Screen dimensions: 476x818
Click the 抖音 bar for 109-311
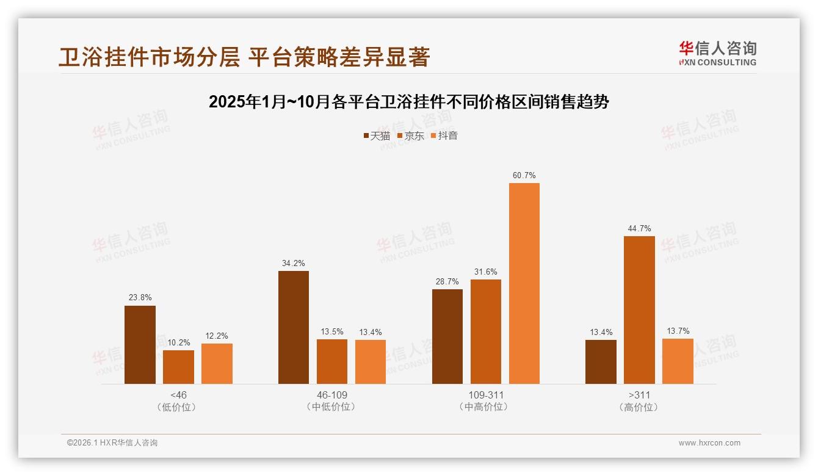524,283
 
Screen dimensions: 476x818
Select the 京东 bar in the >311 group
639,310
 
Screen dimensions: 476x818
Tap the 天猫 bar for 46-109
294,327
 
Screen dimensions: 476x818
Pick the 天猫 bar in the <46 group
140,345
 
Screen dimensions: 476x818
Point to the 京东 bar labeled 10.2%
178,367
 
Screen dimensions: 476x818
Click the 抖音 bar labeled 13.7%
678,361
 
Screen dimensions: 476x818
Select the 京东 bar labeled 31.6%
486,331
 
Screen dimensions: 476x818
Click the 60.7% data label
524,176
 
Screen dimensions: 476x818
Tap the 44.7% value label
639,229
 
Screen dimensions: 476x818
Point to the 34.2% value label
294,264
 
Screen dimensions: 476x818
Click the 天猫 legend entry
377,136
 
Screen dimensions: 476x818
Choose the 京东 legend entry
411,136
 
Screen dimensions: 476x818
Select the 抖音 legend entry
444,136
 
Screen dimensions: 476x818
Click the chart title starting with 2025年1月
409,102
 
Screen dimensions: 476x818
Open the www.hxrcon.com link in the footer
709,443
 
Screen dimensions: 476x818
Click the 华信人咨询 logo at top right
717,53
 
